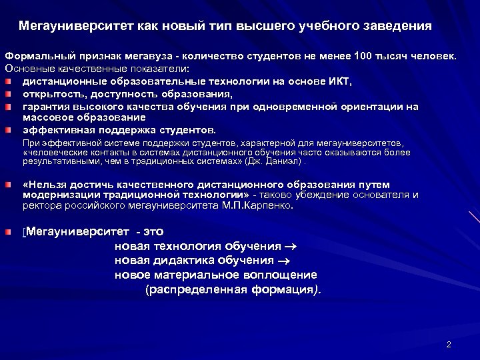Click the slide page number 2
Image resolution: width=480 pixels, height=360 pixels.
coord(449,345)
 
